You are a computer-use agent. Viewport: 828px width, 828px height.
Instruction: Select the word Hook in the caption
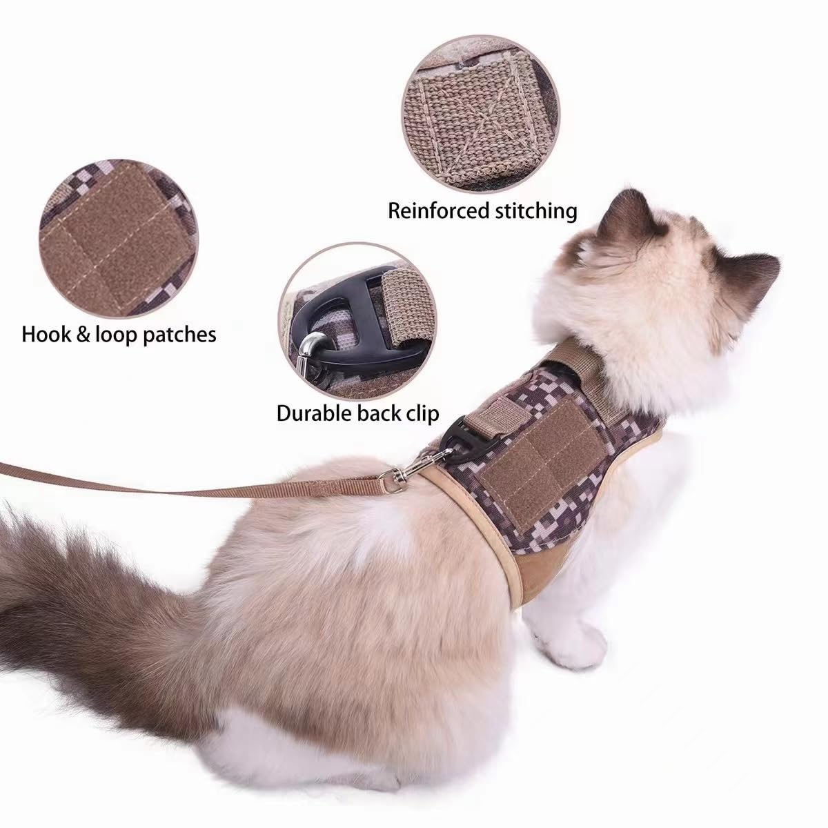[46, 335]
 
